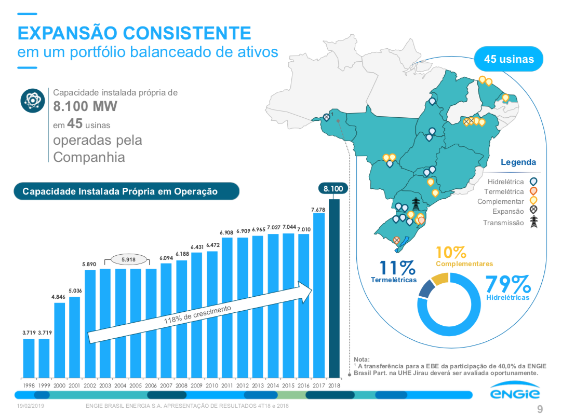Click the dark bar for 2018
coord(334,288)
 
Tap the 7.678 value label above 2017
coord(318,209)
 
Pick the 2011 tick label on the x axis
coord(227,385)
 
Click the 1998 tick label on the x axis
coord(29,385)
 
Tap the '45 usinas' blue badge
coord(509,59)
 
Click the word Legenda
coord(518,162)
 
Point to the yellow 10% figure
coord(451,253)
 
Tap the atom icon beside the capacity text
coord(32,100)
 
